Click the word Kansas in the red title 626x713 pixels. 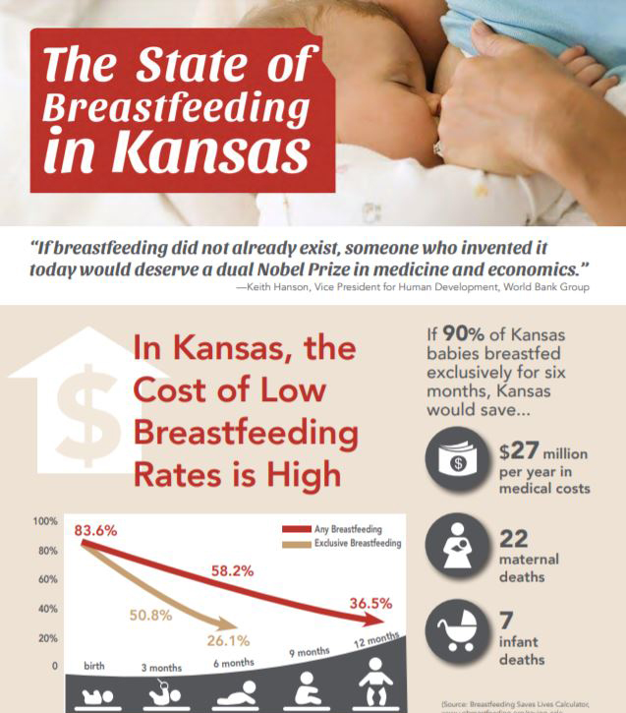pos(211,154)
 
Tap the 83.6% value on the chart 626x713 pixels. pos(95,530)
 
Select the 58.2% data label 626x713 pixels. pos(232,569)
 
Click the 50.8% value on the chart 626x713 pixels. pos(150,616)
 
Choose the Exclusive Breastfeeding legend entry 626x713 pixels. pos(357,544)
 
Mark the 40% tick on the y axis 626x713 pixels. pos(47,609)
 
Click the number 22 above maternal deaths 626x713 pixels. pos(513,539)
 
